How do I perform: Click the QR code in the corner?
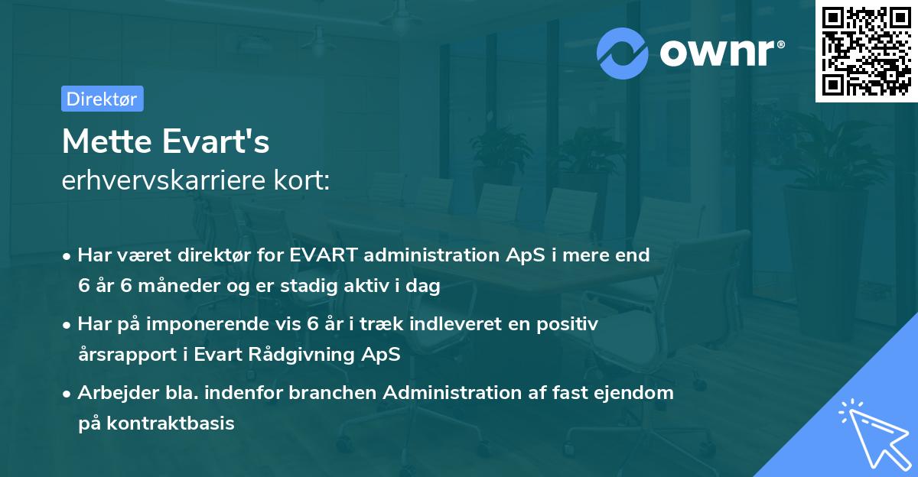point(865,51)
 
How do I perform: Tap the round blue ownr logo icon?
point(623,53)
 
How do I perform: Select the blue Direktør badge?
point(102,99)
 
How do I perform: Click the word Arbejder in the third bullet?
point(112,392)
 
